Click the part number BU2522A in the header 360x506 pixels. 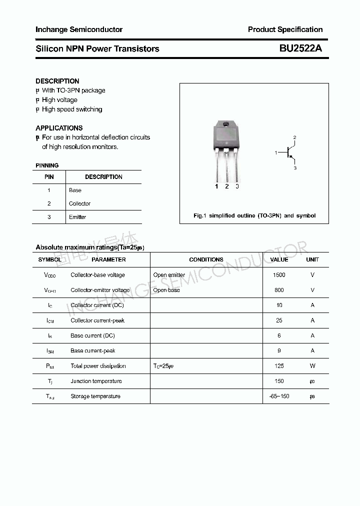click(x=300, y=48)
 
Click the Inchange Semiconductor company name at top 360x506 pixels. click(x=79, y=29)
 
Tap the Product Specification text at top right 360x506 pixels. click(x=285, y=29)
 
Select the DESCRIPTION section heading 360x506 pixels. click(x=57, y=81)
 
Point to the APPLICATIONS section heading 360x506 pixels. click(x=59, y=128)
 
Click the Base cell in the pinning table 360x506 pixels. click(x=75, y=190)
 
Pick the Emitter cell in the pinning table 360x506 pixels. click(x=77, y=217)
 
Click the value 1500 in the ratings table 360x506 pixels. click(x=279, y=275)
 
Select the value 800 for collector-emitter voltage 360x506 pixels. click(x=279, y=290)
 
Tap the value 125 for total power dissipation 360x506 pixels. click(x=279, y=366)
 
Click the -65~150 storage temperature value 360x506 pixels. click(x=279, y=396)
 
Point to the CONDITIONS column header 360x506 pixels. click(x=206, y=259)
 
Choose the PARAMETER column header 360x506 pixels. click(x=108, y=259)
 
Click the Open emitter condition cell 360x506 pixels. click(x=169, y=275)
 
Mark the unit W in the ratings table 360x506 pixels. click(x=312, y=366)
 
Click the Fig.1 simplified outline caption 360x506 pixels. click(x=254, y=215)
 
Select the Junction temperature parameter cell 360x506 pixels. click(x=96, y=381)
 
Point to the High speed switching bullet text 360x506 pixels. click(x=72, y=109)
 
